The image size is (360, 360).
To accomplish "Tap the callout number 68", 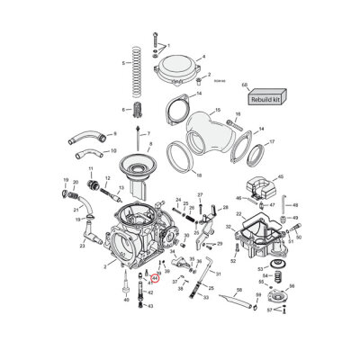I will [x=245, y=83].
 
